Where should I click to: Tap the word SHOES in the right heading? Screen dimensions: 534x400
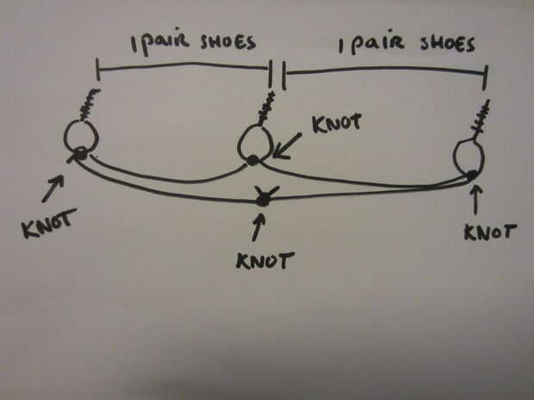point(445,43)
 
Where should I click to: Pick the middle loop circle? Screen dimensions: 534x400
point(255,142)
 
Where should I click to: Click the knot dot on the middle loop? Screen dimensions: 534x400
point(252,160)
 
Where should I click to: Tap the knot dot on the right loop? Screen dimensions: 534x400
point(472,176)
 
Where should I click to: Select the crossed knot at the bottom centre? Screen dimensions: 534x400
point(263,200)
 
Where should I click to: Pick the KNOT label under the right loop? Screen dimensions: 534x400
point(488,231)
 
